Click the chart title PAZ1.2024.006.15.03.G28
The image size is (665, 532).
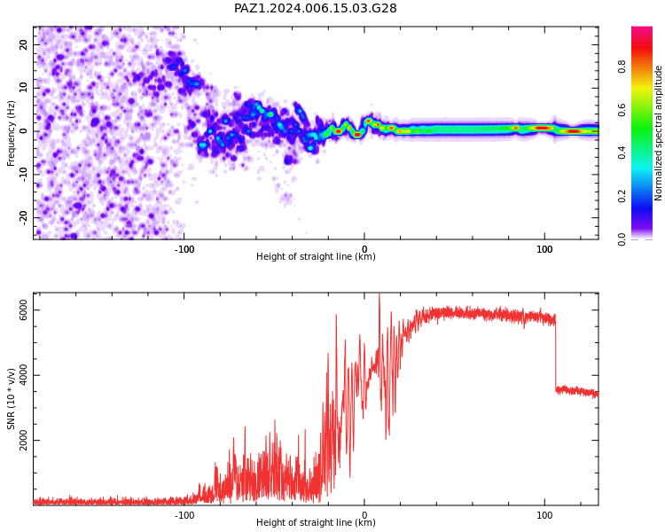[315, 8]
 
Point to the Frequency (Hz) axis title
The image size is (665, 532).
[11, 133]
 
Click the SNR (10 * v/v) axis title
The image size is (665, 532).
[11, 399]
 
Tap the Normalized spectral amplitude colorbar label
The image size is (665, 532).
[658, 133]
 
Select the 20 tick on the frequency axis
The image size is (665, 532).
[24, 44]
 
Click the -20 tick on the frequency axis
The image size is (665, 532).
[24, 218]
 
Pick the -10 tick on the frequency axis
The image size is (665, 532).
[24, 175]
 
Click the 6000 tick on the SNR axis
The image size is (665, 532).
[24, 309]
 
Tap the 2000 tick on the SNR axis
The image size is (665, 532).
[24, 440]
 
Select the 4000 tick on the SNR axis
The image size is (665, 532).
[24, 375]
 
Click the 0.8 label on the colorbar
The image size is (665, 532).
[622, 66]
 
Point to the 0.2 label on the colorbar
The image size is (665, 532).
[622, 196]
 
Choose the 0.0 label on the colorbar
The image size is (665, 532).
[622, 239]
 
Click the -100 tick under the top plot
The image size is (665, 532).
[184, 249]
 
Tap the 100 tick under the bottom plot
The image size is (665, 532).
[544, 515]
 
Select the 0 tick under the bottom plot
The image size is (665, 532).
[364, 515]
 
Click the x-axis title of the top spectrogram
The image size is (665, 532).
[316, 256]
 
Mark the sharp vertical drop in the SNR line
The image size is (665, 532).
[556, 352]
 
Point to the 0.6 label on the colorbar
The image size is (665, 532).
[622, 110]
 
